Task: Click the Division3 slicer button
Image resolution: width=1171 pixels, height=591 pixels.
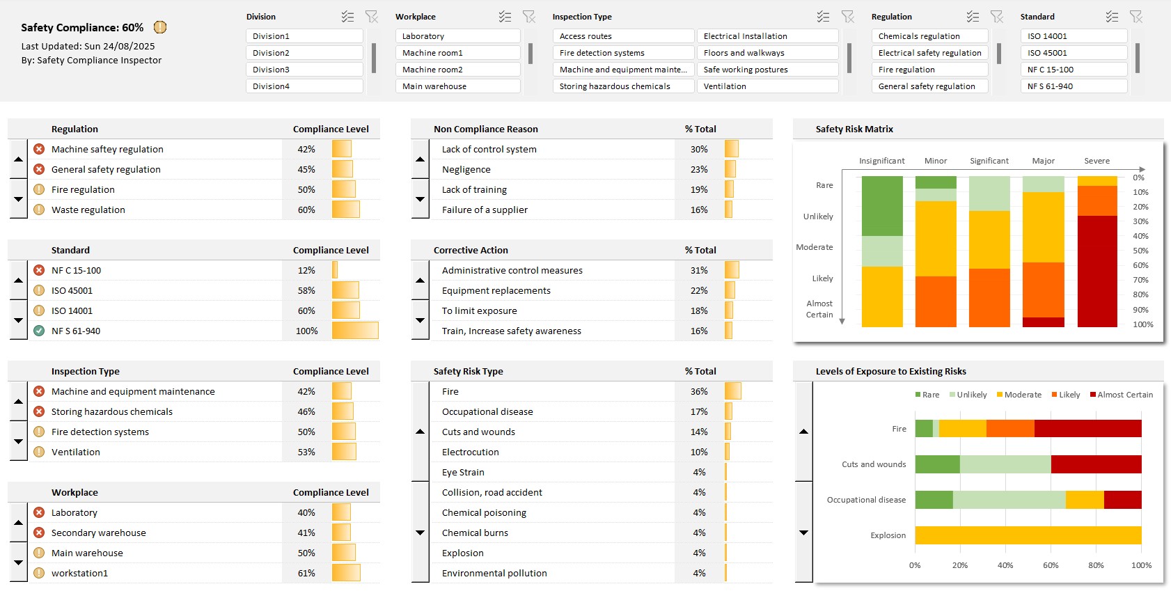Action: pyautogui.click(x=304, y=70)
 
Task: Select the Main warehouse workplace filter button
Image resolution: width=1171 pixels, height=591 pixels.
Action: pyautogui.click(x=457, y=86)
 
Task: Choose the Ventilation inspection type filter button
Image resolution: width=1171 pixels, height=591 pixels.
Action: pyautogui.click(x=767, y=86)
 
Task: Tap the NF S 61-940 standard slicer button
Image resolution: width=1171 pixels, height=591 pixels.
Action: pyautogui.click(x=1073, y=86)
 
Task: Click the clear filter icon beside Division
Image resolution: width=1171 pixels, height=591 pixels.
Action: pyautogui.click(x=371, y=17)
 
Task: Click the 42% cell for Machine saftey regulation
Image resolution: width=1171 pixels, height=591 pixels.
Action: pyautogui.click(x=306, y=149)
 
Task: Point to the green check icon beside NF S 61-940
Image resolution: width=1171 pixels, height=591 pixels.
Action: pyautogui.click(x=39, y=331)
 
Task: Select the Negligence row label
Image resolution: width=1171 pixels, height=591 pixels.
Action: pyautogui.click(x=466, y=169)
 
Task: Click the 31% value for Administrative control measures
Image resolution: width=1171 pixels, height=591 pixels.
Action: pyautogui.click(x=699, y=270)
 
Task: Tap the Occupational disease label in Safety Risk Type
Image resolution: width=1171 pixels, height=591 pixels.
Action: pyautogui.click(x=487, y=411)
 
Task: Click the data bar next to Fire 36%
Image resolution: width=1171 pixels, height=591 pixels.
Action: pyautogui.click(x=732, y=391)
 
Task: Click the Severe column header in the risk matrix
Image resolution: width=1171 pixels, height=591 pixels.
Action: pyautogui.click(x=1097, y=161)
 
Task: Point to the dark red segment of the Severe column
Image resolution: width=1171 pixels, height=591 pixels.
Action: pyautogui.click(x=1097, y=271)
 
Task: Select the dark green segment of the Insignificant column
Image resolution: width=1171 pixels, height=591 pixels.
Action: pyautogui.click(x=882, y=206)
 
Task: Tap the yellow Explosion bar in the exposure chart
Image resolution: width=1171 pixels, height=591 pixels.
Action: pyautogui.click(x=1028, y=535)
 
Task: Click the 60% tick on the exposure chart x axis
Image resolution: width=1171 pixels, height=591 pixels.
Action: pyautogui.click(x=1051, y=565)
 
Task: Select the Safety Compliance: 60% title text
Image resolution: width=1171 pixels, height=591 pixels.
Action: pyautogui.click(x=82, y=28)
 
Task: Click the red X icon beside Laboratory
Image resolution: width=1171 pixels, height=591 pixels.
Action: pyautogui.click(x=39, y=512)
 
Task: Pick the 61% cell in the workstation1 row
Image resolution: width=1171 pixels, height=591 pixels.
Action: pyautogui.click(x=306, y=573)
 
